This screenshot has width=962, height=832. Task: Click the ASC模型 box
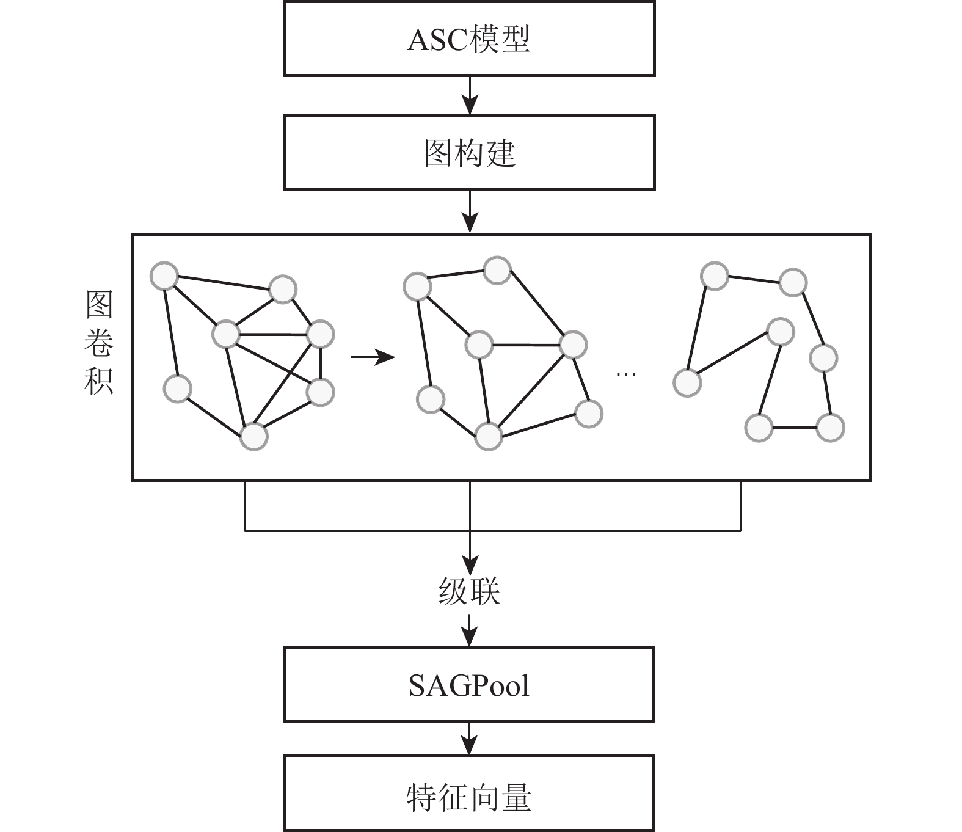[469, 38]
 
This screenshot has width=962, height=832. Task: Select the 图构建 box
[469, 152]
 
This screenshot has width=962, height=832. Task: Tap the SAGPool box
[469, 685]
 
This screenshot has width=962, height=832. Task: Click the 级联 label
[469, 591]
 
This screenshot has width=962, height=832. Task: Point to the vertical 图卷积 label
[99, 342]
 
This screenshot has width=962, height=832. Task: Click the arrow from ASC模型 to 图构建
[469, 95]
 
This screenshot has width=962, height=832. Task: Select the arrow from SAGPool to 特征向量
[469, 739]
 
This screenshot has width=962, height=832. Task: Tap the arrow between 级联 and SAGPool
[469, 630]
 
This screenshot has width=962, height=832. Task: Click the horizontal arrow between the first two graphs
[373, 357]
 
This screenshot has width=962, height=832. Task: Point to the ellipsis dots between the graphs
[627, 373]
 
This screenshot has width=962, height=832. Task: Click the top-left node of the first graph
[164, 276]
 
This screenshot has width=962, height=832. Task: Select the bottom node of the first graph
[254, 437]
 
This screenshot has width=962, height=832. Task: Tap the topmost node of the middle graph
[497, 270]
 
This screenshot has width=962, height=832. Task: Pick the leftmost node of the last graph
[687, 383]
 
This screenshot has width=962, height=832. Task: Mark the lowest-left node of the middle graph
[431, 400]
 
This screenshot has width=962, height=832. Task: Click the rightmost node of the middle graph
[589, 414]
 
